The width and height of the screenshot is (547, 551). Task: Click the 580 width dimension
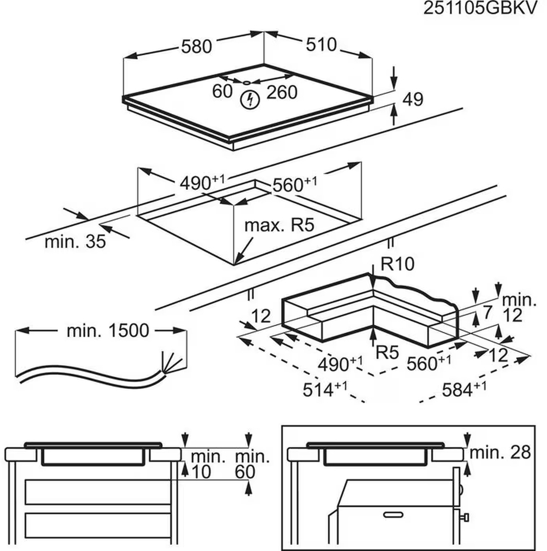(197, 46)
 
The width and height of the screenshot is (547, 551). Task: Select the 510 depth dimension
(321, 45)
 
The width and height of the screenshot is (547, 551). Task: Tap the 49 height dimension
(412, 99)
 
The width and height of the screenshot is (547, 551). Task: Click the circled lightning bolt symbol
(250, 99)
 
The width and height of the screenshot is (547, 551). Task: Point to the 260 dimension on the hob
(282, 92)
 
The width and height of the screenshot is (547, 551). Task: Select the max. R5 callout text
(279, 225)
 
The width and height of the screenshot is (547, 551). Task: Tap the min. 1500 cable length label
(108, 331)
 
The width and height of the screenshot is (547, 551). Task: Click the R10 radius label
(398, 264)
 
